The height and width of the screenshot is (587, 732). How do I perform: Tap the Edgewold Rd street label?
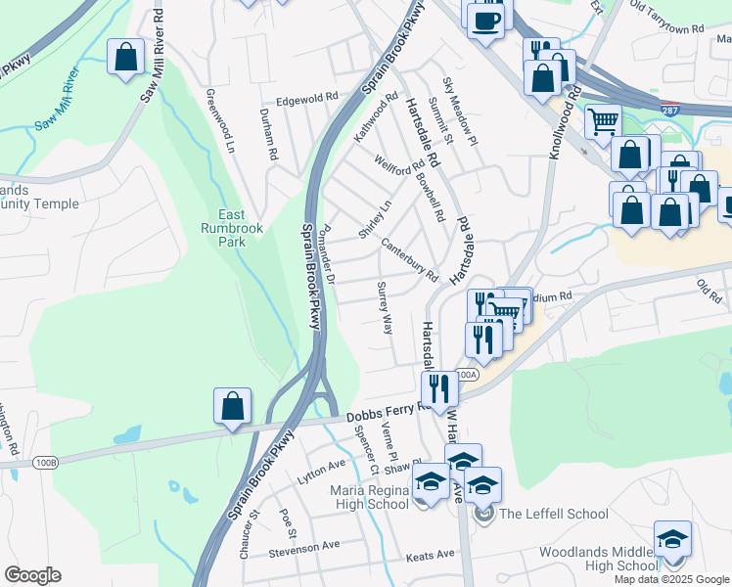(306, 98)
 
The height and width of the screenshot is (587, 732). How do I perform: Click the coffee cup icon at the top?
(485, 19)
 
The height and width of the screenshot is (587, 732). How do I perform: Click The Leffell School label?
(553, 514)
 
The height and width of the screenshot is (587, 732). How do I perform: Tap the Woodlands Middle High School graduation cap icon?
(672, 539)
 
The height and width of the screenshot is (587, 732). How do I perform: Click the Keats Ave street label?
(431, 555)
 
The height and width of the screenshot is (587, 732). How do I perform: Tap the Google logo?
(32, 575)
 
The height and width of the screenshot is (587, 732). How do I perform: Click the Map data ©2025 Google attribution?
(670, 579)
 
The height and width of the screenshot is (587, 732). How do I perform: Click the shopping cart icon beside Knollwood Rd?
(604, 121)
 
